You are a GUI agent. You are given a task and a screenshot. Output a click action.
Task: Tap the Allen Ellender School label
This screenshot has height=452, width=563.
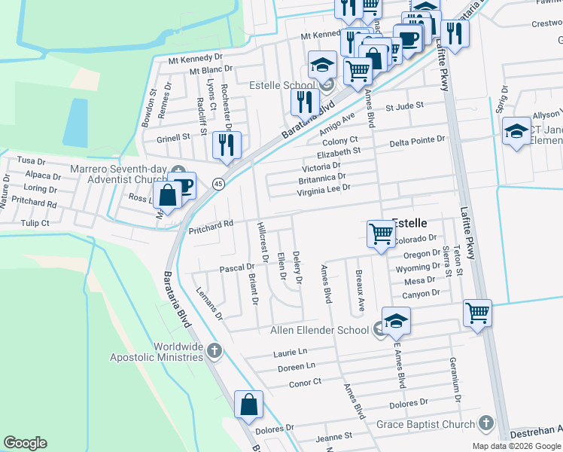319,330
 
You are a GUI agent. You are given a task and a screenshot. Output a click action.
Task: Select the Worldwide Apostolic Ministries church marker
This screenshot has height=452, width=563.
215,350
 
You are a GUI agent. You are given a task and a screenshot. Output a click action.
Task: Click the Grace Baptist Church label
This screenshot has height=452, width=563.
425,424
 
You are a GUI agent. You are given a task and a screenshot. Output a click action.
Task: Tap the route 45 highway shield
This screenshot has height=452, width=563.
218,184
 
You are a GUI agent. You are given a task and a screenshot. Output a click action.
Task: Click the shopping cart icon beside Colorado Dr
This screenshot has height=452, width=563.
382,234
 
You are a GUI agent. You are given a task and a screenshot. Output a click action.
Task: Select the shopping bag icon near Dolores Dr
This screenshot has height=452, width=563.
248,405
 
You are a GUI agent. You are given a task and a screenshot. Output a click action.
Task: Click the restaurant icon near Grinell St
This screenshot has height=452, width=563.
226,145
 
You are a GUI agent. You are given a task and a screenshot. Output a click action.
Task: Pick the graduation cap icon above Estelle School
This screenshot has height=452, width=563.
322,63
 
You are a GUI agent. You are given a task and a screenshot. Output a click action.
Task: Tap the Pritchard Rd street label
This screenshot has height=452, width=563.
212,223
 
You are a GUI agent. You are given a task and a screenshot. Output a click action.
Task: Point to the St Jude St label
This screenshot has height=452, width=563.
405,107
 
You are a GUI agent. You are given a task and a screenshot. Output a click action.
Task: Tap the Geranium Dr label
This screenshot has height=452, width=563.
456,379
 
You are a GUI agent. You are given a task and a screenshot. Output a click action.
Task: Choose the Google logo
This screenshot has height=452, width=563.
25,443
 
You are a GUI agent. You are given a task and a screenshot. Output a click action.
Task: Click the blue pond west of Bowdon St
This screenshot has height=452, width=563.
76,123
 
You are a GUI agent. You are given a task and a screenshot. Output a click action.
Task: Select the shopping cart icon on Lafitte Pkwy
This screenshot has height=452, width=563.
478,313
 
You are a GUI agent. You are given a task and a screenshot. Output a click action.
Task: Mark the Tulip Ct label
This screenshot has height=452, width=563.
35,223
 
